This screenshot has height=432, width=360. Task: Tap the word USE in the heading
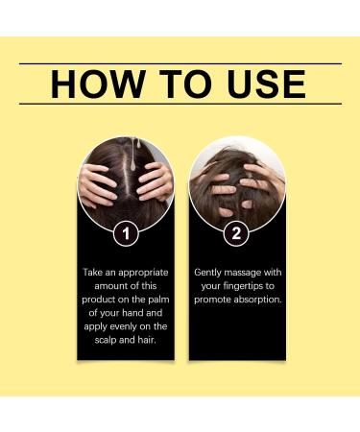tap(267, 84)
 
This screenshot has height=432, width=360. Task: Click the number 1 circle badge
tap(126, 233)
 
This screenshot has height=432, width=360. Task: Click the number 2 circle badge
tap(236, 233)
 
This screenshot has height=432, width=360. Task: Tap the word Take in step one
tap(92, 273)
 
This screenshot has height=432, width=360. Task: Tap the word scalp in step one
tap(105, 340)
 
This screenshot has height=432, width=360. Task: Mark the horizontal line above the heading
tap(180, 63)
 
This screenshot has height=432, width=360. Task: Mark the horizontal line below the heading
tap(180, 104)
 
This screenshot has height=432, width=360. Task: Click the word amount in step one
tap(111, 286)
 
